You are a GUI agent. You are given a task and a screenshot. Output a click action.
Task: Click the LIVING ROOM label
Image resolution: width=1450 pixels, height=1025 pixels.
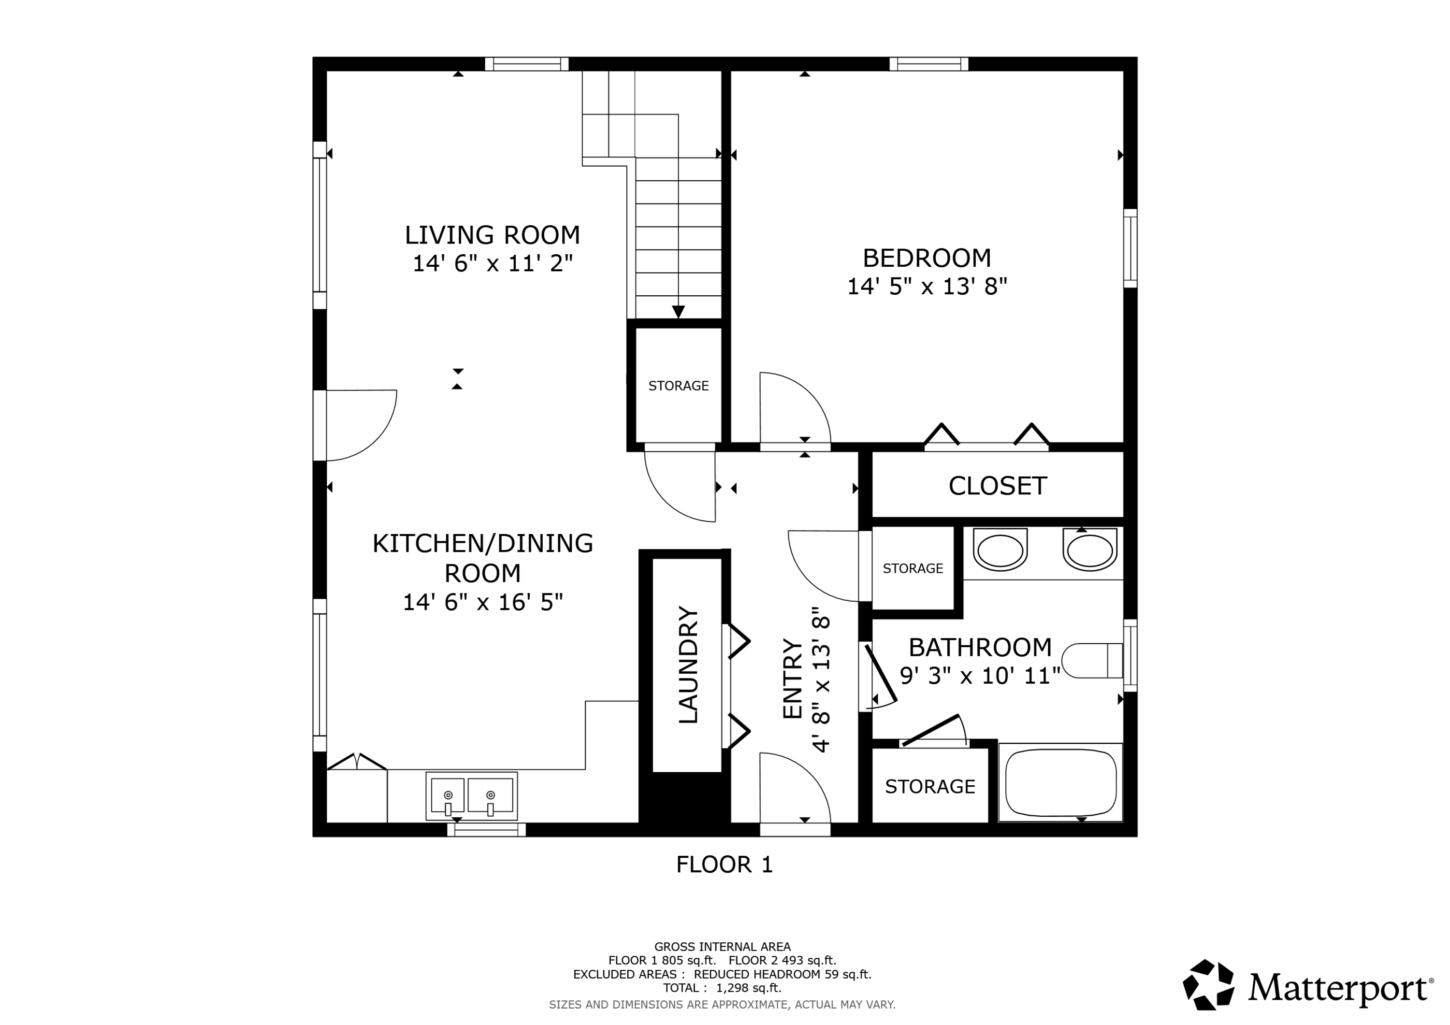click(x=492, y=235)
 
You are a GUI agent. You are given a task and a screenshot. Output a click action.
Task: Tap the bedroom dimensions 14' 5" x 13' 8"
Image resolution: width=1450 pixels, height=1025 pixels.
click(x=927, y=287)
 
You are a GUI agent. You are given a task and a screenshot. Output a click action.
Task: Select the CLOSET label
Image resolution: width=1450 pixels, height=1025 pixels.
click(x=997, y=486)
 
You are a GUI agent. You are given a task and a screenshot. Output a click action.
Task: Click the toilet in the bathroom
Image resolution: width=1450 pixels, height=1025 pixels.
click(x=1091, y=661)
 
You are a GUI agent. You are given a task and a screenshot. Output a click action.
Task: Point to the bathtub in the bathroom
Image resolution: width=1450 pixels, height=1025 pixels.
click(x=1060, y=782)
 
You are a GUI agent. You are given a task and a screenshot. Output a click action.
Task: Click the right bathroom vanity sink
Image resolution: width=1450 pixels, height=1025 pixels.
click(x=1089, y=549)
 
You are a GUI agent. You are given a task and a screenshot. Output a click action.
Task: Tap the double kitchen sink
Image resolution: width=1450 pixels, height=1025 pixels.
click(x=471, y=796)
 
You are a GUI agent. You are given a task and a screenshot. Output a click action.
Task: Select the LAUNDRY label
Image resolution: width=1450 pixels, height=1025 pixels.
click(x=688, y=665)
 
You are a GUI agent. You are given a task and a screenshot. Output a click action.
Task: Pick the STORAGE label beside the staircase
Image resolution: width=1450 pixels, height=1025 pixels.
click(x=678, y=386)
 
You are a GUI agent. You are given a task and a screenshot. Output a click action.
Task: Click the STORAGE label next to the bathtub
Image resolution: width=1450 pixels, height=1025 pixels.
click(x=929, y=787)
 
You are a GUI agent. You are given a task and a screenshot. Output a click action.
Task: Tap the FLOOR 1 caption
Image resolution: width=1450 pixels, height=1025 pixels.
click(x=725, y=865)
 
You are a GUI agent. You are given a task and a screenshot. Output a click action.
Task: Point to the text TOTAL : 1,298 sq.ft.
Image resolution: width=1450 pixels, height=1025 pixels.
click(x=722, y=988)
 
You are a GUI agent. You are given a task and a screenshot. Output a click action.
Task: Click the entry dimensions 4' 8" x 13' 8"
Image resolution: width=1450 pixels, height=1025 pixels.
click(x=820, y=679)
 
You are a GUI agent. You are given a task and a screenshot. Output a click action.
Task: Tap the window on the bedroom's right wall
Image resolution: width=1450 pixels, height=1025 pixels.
click(x=1130, y=248)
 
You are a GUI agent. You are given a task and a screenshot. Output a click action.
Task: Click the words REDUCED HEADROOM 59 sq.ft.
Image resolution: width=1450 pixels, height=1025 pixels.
click(x=782, y=974)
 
